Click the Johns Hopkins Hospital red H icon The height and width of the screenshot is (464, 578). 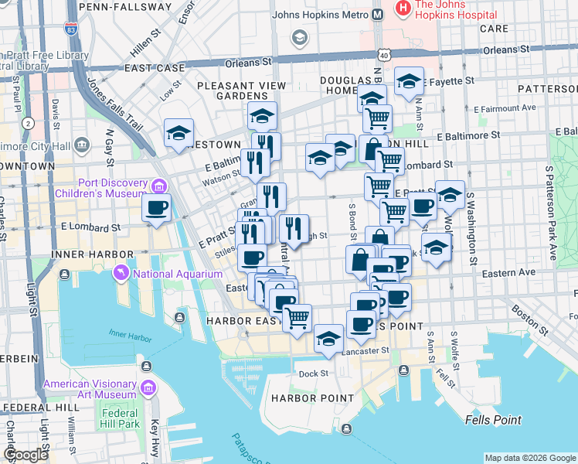402,9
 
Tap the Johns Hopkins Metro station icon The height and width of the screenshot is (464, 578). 378,14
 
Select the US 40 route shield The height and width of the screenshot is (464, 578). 383,55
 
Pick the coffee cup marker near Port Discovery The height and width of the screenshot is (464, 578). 157,208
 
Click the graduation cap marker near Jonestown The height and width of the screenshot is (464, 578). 178,132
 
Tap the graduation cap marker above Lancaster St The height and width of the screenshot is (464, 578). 328,338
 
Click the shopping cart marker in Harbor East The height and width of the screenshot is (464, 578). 297,317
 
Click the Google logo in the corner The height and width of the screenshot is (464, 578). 26,455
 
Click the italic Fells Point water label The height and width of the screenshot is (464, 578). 494,420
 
